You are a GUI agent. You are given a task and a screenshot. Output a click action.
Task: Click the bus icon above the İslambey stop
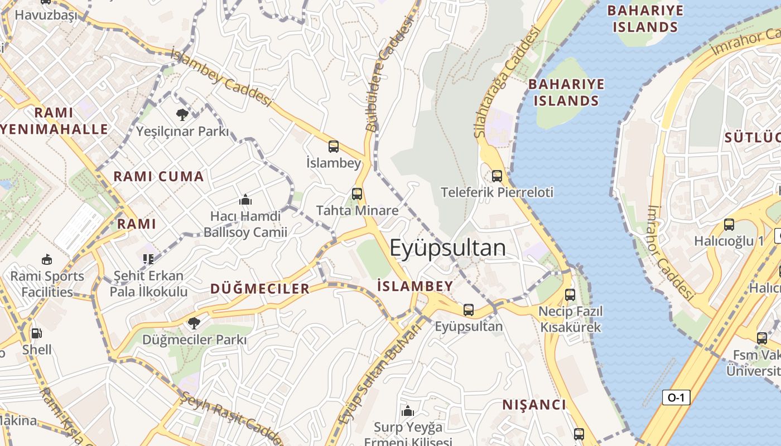tap(334, 147)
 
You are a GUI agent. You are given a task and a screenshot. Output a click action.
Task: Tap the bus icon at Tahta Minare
tap(357, 194)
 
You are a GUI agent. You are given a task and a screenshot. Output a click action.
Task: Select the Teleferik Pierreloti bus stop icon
tap(497, 176)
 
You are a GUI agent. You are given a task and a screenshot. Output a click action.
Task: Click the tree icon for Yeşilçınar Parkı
tap(182, 115)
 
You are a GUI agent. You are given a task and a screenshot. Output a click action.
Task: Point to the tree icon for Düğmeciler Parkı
tap(194, 323)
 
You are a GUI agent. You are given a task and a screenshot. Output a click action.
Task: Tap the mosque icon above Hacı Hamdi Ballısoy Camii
tap(245, 200)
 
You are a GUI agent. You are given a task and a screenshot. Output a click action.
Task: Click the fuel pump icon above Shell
tap(36, 333)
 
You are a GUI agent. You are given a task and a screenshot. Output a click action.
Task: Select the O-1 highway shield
tap(676, 397)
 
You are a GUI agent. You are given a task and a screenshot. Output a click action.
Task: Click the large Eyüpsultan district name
tap(447, 248)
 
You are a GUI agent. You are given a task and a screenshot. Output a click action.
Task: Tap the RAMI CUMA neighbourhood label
tap(159, 177)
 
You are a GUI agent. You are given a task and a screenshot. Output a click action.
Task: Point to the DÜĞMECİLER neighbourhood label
tap(259, 289)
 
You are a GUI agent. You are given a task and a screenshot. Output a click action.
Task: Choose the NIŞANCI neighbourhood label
tap(534, 405)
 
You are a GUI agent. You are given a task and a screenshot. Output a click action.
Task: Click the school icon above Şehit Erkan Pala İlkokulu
tap(148, 259)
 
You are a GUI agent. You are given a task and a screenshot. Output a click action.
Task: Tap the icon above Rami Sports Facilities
tap(47, 259)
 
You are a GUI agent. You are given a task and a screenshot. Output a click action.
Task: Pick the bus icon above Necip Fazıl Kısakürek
tap(570, 295)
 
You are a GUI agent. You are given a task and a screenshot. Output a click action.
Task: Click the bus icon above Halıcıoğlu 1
tap(729, 225)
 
